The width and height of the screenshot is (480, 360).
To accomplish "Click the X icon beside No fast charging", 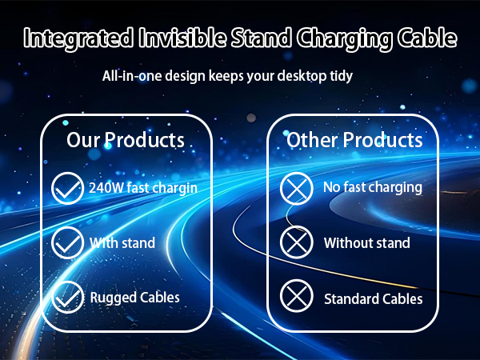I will tap(296, 190).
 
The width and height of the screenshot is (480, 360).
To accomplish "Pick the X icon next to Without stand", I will tap(296, 243).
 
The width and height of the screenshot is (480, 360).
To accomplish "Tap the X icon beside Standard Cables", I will tap(296, 298).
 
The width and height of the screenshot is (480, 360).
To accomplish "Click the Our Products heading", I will tap(126, 140).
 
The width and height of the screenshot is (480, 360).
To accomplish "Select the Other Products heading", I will tap(354, 140).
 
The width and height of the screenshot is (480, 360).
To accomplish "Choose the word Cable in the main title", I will tap(428, 38).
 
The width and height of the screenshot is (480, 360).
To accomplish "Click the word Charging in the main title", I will tap(342, 38).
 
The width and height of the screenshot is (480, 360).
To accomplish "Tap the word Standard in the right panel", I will tap(351, 298).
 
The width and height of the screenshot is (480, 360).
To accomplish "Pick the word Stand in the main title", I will tap(259, 38).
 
